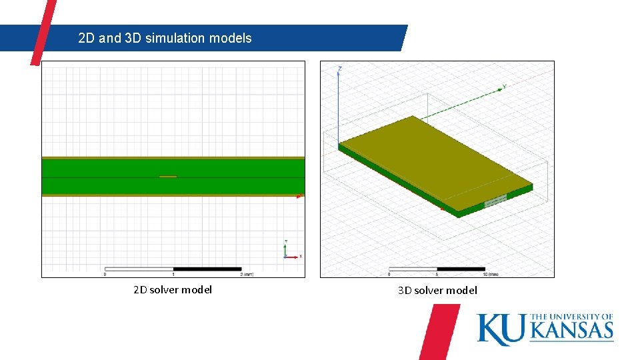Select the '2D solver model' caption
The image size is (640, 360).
[x=173, y=289]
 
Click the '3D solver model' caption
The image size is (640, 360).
[x=437, y=290]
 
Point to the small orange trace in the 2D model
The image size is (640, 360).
[x=168, y=177]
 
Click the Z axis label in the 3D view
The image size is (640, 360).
[x=340, y=69]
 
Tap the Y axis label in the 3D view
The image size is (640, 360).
[x=505, y=86]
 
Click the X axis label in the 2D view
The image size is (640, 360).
[x=301, y=256]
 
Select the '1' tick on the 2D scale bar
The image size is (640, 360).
[x=173, y=274]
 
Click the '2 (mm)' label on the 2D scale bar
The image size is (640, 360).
[x=247, y=274]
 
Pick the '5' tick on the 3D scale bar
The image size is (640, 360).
[x=437, y=274]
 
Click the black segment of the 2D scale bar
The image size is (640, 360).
[x=207, y=269]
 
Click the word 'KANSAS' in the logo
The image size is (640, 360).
[x=571, y=330]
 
